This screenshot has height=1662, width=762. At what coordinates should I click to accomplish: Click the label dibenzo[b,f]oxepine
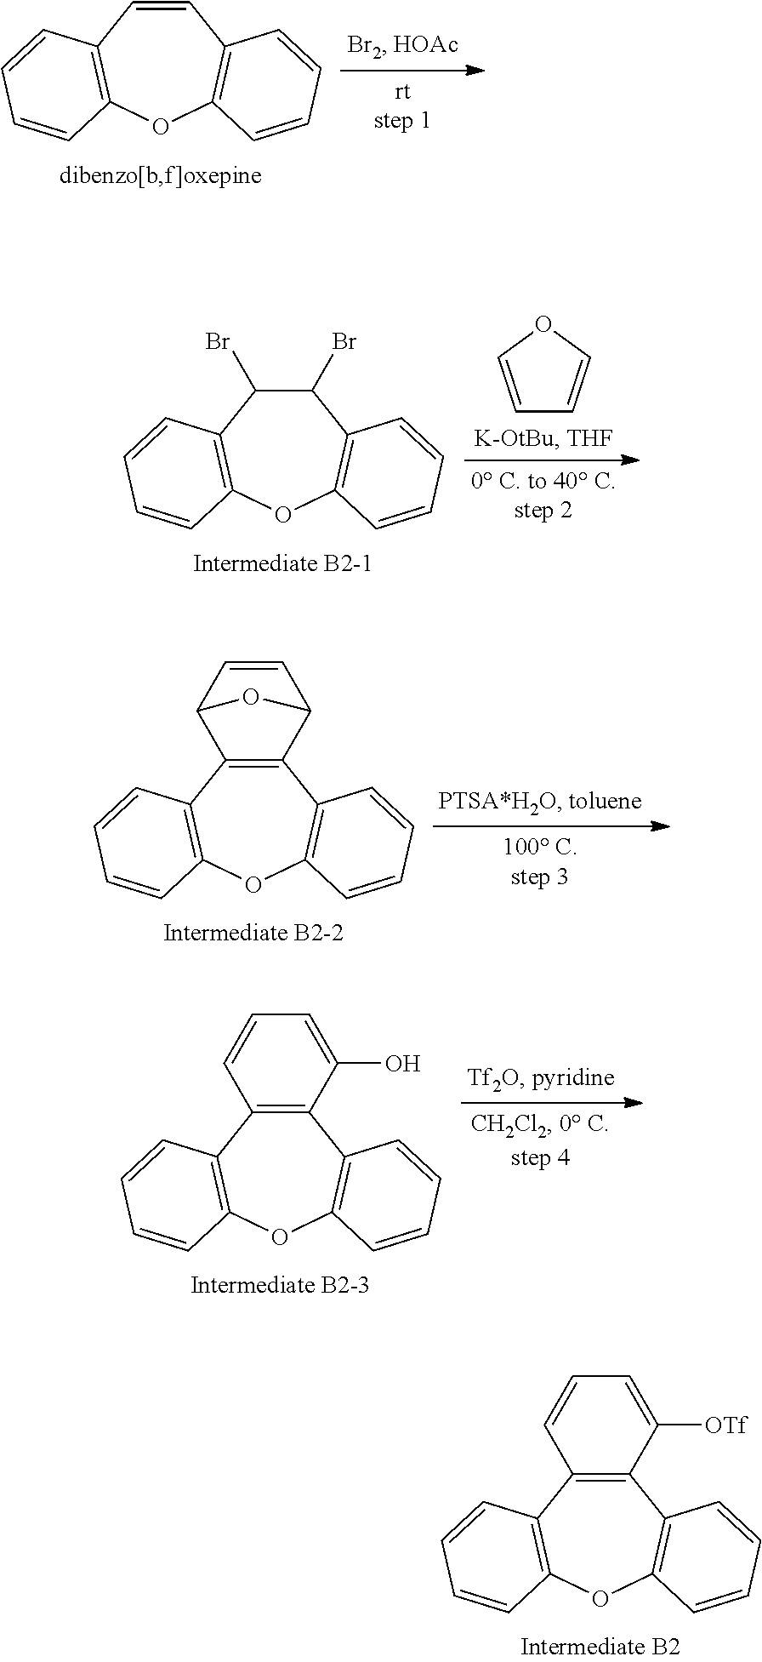160,176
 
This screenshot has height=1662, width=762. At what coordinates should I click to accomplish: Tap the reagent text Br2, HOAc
402,45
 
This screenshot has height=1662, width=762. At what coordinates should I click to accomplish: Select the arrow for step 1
412,70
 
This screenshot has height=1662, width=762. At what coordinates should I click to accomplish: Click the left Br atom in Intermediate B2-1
218,342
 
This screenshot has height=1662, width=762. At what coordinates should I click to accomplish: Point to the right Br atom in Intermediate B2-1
344,342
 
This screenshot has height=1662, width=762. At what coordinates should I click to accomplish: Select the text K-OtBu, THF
543,439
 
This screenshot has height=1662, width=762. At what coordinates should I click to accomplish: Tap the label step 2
543,510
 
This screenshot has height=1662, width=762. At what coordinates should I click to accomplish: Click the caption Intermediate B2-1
281,563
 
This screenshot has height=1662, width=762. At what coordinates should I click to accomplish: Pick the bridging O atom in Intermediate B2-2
250,698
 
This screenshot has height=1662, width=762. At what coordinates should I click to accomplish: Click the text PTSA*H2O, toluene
540,801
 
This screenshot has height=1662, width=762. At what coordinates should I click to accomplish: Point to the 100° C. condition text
539,848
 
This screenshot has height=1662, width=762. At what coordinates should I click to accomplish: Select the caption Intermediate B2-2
253,933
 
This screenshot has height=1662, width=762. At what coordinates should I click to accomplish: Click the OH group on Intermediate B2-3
402,1064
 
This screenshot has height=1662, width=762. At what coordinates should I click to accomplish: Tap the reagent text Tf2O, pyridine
540,1078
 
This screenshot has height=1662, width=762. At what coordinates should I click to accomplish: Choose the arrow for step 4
551,1103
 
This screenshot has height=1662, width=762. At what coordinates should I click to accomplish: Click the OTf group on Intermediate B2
725,1425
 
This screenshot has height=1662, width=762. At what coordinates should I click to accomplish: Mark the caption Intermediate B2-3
280,1284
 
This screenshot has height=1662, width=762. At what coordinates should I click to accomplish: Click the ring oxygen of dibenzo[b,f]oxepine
160,128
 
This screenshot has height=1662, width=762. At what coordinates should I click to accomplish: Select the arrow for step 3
551,825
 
